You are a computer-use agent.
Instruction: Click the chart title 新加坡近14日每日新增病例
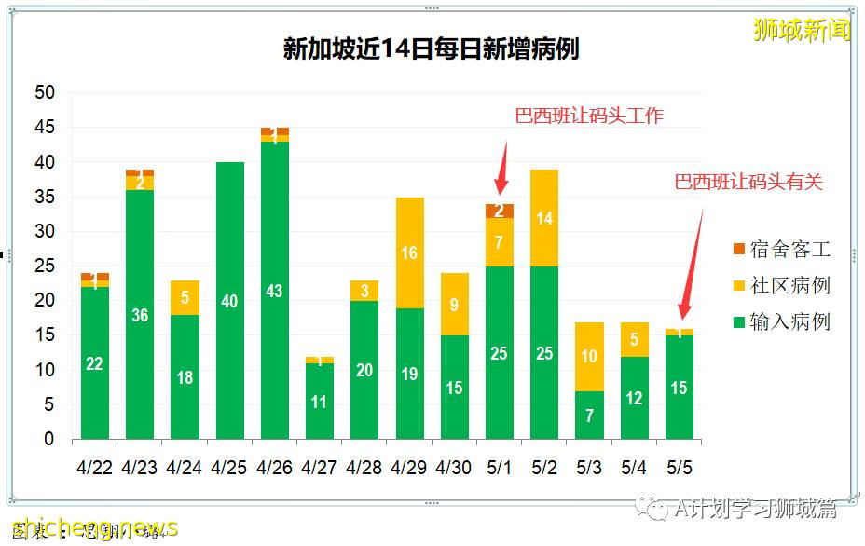click(431, 48)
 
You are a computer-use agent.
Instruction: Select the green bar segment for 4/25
click(229, 300)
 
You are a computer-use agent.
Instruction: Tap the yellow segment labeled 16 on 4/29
click(409, 253)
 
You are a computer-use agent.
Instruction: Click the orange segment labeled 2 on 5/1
click(499, 211)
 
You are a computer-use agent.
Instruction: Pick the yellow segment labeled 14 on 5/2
click(543, 218)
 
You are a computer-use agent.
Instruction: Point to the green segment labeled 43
click(275, 291)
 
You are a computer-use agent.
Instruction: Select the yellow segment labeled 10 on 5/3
click(589, 356)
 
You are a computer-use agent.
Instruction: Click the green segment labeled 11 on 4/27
click(320, 402)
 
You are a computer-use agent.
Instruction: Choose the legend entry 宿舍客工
click(780, 249)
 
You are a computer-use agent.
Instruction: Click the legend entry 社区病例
click(780, 285)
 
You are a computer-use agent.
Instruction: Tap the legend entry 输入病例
click(780, 321)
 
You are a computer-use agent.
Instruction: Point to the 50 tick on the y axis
click(45, 92)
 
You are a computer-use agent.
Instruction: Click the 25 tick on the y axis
click(45, 266)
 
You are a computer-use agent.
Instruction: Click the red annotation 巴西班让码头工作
click(589, 116)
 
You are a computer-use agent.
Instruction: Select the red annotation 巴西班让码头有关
click(748, 182)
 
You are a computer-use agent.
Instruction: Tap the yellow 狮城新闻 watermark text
click(802, 30)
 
